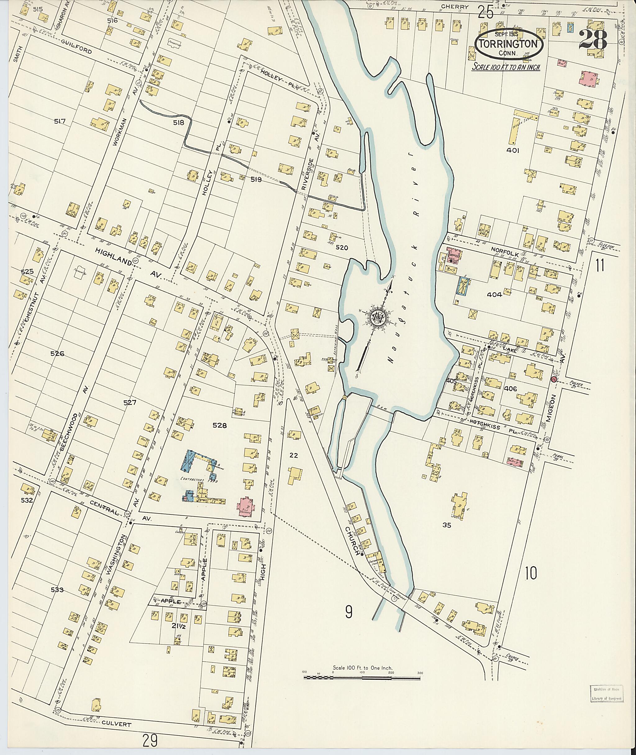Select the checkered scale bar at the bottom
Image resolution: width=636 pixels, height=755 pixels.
coord(362,678)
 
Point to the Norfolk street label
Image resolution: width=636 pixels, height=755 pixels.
coord(504,249)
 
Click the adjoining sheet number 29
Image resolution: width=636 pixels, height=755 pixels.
coord(150,741)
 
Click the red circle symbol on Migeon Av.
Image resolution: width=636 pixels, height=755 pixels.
coord(553,379)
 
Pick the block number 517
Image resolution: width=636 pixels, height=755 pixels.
coord(60,122)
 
